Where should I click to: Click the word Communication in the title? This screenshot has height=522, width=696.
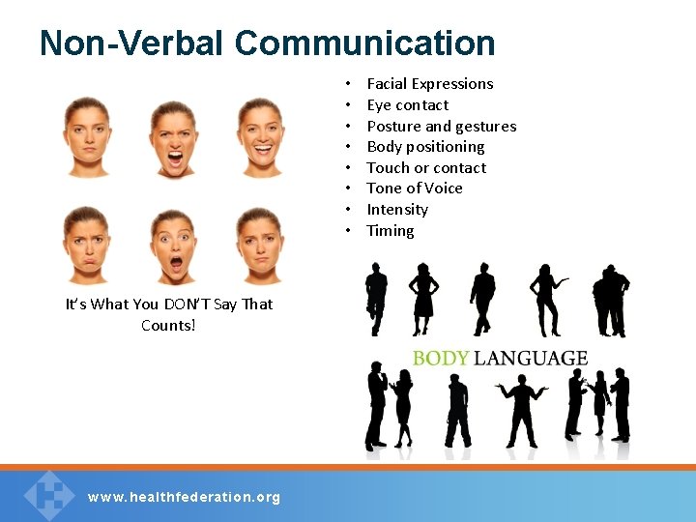[x=364, y=43]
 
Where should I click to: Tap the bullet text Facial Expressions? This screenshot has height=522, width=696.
[x=429, y=84]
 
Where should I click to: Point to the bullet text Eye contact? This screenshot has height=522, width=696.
[x=407, y=105]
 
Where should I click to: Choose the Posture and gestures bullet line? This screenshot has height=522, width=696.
[x=441, y=127]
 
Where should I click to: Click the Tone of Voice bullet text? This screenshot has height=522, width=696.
[x=414, y=188]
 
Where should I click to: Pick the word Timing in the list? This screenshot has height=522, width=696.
[x=390, y=231]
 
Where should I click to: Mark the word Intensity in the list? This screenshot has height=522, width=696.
[x=396, y=210]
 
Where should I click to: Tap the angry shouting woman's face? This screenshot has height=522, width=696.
[x=174, y=138]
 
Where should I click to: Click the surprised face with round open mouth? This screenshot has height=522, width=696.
[x=175, y=246]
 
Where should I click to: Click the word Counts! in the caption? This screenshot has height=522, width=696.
[x=168, y=326]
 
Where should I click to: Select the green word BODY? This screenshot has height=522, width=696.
[x=440, y=359]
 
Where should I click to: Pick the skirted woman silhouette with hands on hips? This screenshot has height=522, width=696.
[x=422, y=299]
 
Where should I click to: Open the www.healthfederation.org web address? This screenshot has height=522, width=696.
[x=184, y=497]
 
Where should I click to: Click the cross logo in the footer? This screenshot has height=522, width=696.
[x=48, y=494]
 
